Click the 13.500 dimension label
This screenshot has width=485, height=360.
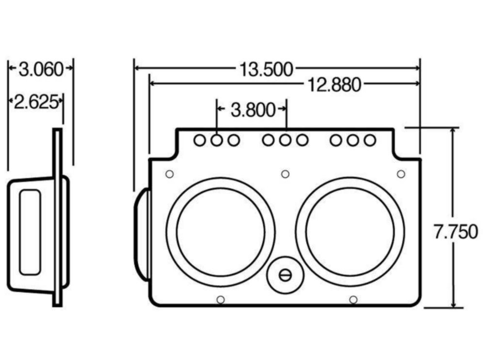(x=266, y=70)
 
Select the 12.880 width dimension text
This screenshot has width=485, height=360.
(x=334, y=85)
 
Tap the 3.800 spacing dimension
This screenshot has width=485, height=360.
(x=253, y=110)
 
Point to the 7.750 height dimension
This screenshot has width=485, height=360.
(x=455, y=232)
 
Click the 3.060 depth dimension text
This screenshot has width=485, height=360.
(x=41, y=69)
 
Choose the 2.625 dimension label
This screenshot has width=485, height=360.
(x=36, y=102)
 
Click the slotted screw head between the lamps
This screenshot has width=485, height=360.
(x=285, y=275)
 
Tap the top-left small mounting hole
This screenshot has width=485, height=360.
(x=169, y=174)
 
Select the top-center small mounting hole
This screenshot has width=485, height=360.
(x=285, y=174)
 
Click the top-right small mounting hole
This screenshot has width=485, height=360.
(x=401, y=174)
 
